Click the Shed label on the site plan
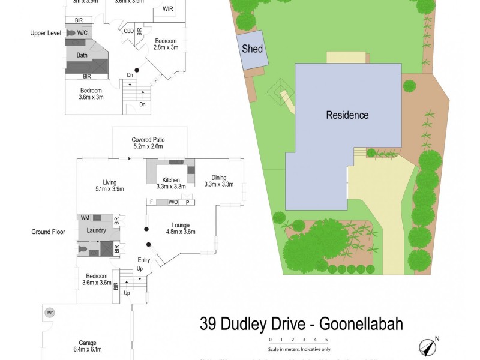coord(252,49)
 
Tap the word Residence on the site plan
coord(347,115)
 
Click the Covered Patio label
coord(148,139)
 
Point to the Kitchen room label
coord(172,179)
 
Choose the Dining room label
coord(214,177)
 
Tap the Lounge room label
coord(178,225)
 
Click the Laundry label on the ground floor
coord(97,230)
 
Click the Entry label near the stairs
coord(144,260)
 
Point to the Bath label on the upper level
coord(82,55)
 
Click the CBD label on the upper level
coord(128,31)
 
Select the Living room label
coord(109,182)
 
